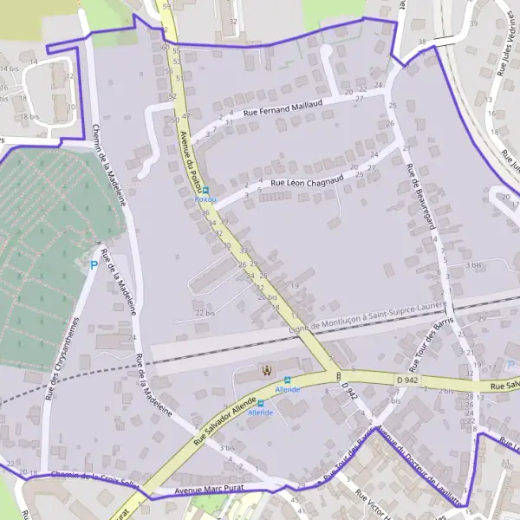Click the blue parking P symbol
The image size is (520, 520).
point(94,264)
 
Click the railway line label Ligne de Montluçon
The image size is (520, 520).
point(366,320)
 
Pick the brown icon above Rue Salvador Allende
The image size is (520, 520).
point(267,371)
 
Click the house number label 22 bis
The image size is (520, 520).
point(205,313)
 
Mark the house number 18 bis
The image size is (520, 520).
point(29,116)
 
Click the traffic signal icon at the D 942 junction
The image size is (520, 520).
point(337,375)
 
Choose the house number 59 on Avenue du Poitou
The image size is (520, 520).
point(166,6)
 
